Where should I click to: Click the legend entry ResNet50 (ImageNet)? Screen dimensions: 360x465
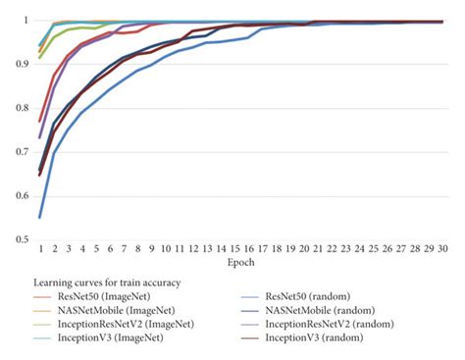pyautogui.click(x=97, y=295)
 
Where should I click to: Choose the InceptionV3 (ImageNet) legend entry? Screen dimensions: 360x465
pyautogui.click(x=100, y=337)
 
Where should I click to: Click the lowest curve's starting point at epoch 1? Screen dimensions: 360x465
pyautogui.click(x=40, y=217)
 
